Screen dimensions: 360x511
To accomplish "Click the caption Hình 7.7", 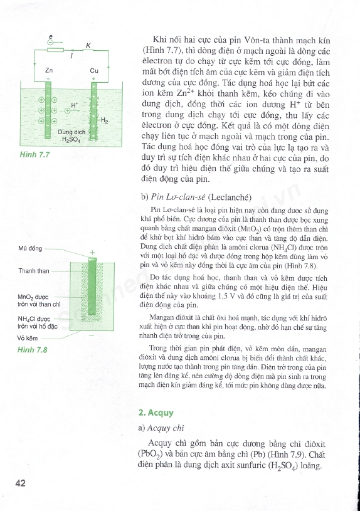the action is tap(34, 154).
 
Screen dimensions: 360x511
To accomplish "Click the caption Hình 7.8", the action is tap(32, 350).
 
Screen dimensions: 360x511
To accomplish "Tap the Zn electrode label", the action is tap(49, 70).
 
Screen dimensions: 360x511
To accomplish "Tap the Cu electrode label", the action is tap(94, 70).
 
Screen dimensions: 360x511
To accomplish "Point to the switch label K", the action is tap(88, 46).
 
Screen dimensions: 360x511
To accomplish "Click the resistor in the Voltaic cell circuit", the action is tap(55, 50).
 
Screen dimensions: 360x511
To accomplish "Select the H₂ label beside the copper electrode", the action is tap(105, 120).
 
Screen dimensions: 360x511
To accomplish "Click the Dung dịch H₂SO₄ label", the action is tap(71, 136).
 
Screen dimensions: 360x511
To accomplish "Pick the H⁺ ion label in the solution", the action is tap(75, 105).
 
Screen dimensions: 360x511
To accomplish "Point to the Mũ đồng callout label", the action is tap(30, 248).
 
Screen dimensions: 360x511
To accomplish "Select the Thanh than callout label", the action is tap(34, 271).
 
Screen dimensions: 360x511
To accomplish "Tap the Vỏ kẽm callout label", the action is tap(28, 339).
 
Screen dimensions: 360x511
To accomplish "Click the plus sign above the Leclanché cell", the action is tap(93, 252).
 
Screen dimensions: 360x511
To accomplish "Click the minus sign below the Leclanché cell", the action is tap(92, 335).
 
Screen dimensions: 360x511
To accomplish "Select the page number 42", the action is tap(20, 483).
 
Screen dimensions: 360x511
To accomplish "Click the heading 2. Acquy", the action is tap(156, 413).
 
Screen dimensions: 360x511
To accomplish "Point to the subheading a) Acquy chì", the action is tap(161, 428).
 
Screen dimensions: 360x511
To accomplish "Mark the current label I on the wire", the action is tap(71, 56).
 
